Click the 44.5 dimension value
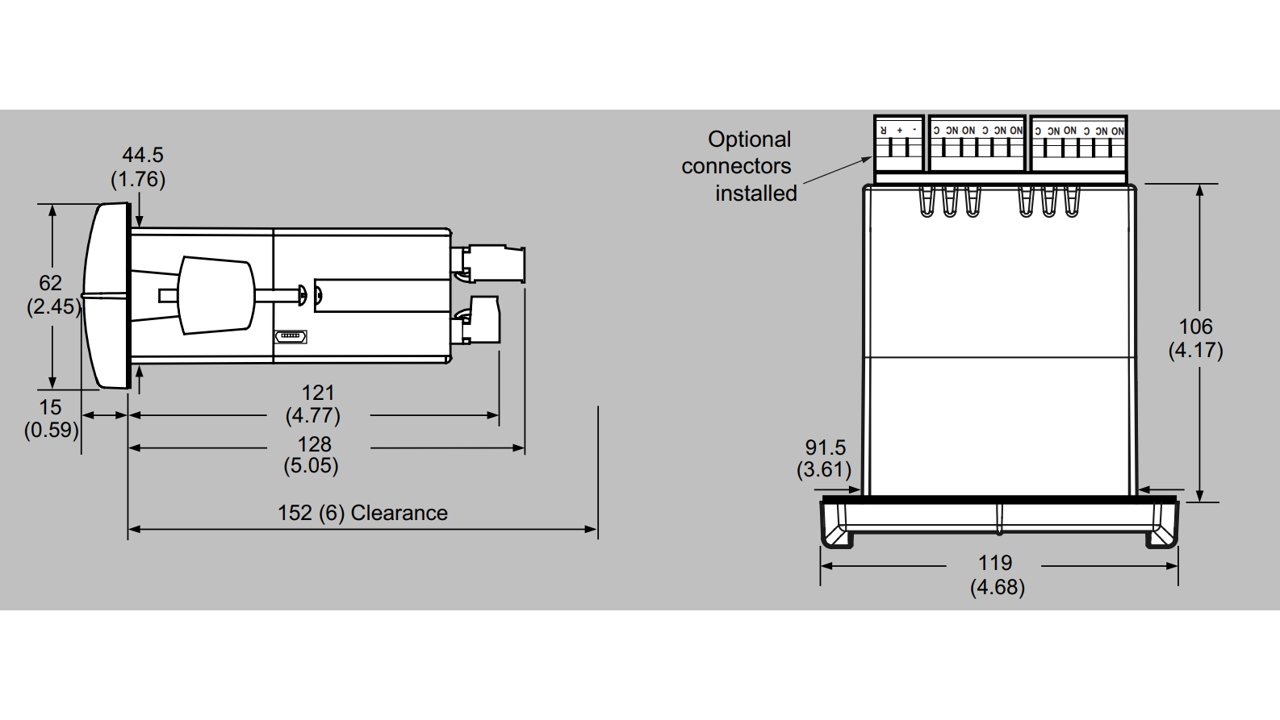point(143,155)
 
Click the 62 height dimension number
point(50,283)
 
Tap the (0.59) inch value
point(52,430)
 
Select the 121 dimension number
point(317,393)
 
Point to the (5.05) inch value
point(311,466)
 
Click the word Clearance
point(399,513)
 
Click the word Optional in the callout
point(749,139)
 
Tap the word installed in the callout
point(755,194)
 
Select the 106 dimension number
point(1195,327)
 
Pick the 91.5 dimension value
point(825,447)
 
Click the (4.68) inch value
point(997,587)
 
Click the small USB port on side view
point(291,335)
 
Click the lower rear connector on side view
point(481,321)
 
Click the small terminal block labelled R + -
point(898,144)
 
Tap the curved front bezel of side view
point(105,296)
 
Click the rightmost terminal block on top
point(1078,144)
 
